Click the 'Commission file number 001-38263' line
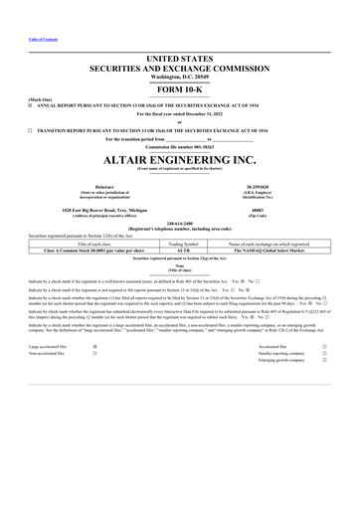tap(179, 148)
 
